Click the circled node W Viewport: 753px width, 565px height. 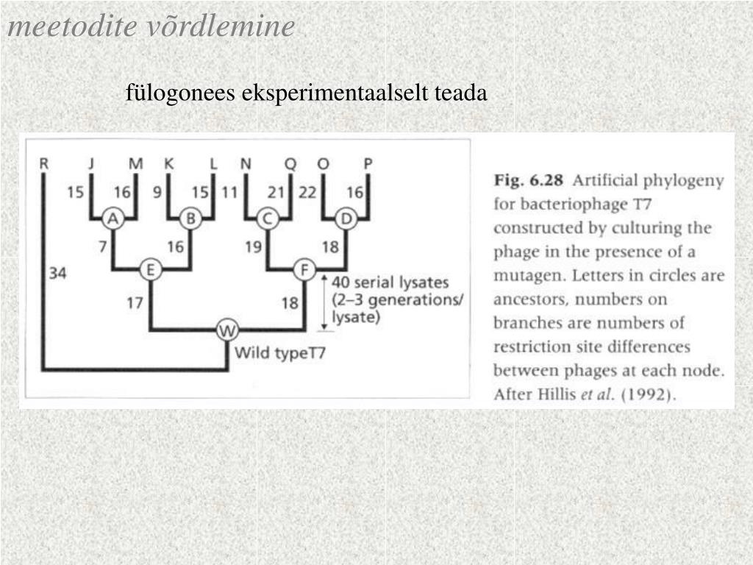227,332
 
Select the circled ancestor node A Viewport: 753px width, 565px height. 112,217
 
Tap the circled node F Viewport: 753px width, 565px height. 304,271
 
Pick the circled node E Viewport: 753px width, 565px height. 150,271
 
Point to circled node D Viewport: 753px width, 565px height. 346,217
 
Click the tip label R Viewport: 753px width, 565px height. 43,164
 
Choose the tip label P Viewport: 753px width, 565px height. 368,164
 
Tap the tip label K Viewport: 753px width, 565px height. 169,164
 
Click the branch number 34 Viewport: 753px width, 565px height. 58,274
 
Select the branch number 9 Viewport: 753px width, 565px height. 157,193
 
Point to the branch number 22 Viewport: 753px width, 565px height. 307,193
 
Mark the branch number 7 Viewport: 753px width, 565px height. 104,246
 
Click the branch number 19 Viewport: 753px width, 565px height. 254,246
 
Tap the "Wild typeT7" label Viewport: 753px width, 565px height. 279,352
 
